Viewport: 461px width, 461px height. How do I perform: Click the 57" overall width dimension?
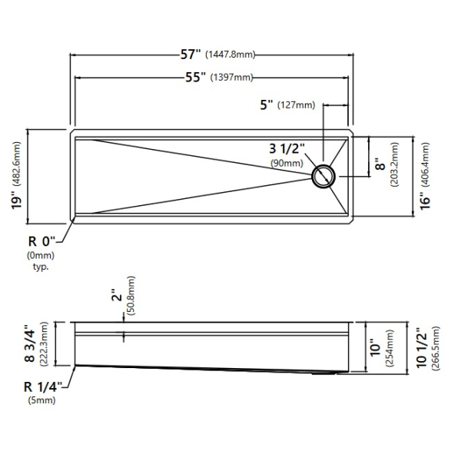191,55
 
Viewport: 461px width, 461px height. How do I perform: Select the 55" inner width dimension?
195,77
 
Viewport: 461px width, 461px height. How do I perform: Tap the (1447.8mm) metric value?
230,55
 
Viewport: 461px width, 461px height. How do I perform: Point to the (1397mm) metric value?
232,78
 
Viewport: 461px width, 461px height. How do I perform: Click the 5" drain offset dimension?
267,104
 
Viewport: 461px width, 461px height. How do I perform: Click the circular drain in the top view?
323,177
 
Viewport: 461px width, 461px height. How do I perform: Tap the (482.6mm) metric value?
17,164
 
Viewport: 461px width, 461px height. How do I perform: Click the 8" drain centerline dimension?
380,164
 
